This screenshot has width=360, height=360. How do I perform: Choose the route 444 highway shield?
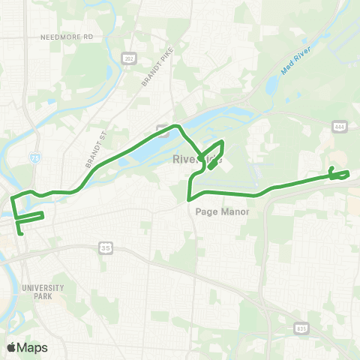click(x=339, y=128)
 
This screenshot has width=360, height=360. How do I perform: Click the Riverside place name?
click(x=196, y=159)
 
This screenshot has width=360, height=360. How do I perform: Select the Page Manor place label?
click(x=221, y=211)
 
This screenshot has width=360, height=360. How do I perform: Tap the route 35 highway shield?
click(x=106, y=247)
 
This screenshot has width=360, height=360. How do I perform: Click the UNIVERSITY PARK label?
click(x=43, y=292)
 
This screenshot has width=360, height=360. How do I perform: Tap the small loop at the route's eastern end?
click(x=338, y=175)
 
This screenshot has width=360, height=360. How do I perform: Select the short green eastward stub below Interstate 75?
click(x=31, y=216)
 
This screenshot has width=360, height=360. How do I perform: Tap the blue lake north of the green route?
click(x=142, y=154)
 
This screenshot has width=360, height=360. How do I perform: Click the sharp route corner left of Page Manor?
click(x=187, y=199)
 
